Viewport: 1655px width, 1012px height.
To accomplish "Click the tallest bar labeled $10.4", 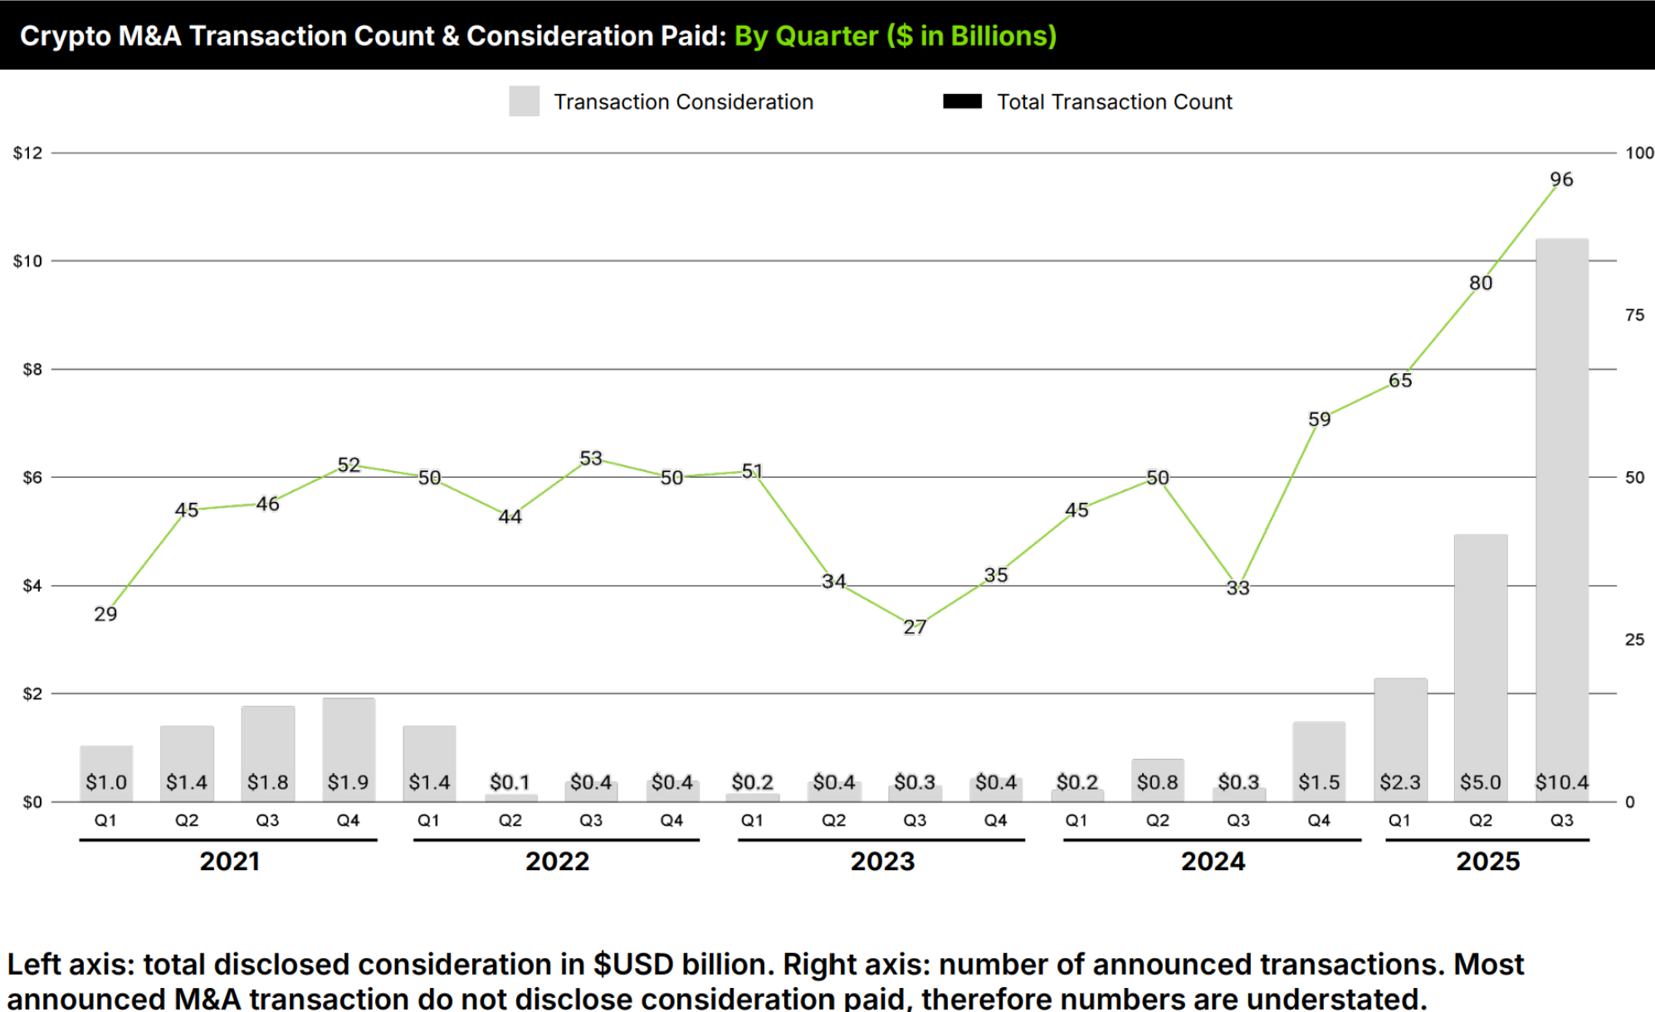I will [x=1561, y=514].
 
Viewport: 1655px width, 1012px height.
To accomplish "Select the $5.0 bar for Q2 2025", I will [x=1480, y=664].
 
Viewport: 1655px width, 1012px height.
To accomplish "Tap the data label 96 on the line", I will [x=1560, y=179].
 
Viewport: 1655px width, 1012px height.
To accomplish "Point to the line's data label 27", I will [x=915, y=627].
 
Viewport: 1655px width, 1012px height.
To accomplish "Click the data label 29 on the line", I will [x=105, y=614].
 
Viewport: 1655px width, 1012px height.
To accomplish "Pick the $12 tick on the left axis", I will [x=27, y=153].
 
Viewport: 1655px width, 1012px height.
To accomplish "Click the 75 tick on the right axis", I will [x=1634, y=315].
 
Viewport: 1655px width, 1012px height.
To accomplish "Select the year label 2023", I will [x=882, y=861].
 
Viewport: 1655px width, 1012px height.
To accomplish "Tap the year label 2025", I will [x=1487, y=861].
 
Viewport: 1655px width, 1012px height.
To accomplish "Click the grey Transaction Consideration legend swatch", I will [x=524, y=101].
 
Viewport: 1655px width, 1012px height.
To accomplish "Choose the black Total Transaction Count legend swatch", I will [x=962, y=101].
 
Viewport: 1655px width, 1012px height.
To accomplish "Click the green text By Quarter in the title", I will [x=805, y=36].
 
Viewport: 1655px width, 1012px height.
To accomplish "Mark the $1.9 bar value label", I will [x=348, y=782].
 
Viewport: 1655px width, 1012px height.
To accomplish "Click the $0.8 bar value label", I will [x=1157, y=782].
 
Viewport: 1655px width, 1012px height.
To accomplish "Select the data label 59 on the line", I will [x=1319, y=420].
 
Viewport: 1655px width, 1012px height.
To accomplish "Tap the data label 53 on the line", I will [x=590, y=459].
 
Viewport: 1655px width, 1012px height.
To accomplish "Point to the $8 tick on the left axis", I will [x=32, y=369].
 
